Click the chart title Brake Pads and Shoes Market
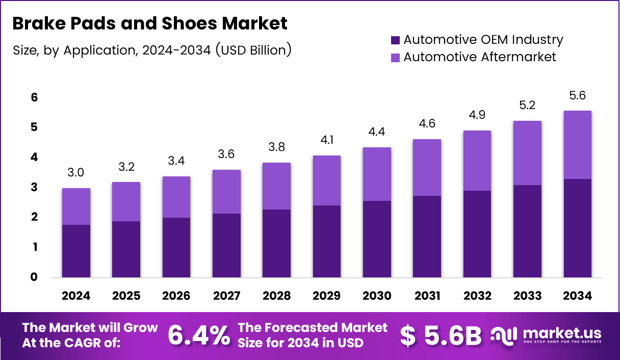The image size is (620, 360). [x=150, y=23]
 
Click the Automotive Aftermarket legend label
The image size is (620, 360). [x=479, y=57]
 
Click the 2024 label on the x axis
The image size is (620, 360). [x=76, y=296]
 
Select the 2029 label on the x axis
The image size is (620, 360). [x=327, y=296]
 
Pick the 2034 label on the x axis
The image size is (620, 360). [x=578, y=296]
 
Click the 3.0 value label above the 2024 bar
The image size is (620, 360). [x=76, y=173]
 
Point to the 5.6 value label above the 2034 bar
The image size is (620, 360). [x=578, y=96]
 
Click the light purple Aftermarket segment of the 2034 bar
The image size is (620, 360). [x=578, y=145]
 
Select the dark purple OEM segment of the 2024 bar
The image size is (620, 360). [x=76, y=251]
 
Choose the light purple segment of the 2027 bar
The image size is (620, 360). [x=226, y=192]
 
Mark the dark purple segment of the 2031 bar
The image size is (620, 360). [x=427, y=237]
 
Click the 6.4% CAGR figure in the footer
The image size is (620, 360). [x=199, y=335]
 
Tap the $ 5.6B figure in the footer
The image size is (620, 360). [x=441, y=335]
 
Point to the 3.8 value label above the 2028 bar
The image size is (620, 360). [x=276, y=147]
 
